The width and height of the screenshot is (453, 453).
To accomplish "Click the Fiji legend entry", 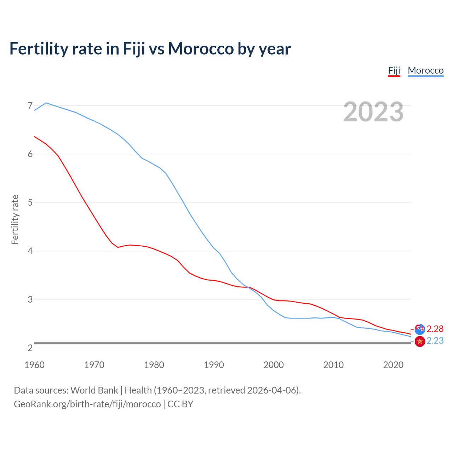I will pos(394,70).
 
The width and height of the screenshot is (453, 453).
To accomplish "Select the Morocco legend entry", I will pos(425,70).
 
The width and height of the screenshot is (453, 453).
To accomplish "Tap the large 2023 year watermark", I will pos(373,112).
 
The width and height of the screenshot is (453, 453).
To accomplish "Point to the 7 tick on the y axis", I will pos(30,105).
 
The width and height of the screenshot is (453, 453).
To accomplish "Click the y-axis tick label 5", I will pos(30,202).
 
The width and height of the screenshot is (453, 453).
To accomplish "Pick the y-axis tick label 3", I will pos(30,299).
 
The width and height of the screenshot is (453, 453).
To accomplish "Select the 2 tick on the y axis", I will pos(30,348).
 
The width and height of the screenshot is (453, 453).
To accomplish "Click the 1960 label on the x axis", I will pos(34,365).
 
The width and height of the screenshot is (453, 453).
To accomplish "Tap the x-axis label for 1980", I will pos(154,365).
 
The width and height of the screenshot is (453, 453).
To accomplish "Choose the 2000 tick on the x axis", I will pos(274,365).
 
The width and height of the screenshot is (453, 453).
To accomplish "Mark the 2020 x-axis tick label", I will pos(393,365).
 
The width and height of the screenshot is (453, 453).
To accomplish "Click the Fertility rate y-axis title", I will pos(15,219).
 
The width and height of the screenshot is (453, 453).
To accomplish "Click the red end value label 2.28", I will pos(435,329).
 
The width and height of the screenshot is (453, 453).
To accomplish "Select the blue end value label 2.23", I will pos(435,340).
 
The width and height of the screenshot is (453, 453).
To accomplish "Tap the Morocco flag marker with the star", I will pos(420,341).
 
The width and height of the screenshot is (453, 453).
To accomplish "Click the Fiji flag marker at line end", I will pos(420,329).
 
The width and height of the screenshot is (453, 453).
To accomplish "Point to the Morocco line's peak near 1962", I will pos(46,103).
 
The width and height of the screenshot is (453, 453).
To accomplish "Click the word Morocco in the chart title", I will pos(201,48).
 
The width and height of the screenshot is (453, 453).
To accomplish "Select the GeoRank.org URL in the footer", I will pos(87,404).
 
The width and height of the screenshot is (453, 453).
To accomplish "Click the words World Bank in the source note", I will pos(94,390).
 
